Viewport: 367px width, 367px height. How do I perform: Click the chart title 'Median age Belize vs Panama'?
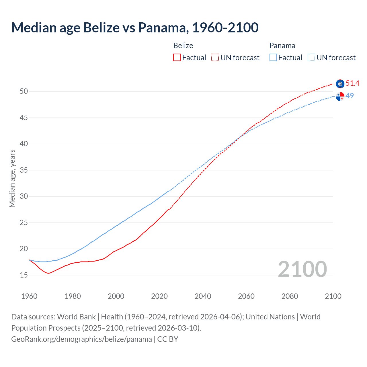click(135, 28)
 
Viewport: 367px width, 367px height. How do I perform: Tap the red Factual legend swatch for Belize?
click(177, 58)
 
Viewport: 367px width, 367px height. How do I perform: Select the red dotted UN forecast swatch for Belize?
click(215, 58)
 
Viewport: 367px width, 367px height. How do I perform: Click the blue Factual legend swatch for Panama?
click(273, 58)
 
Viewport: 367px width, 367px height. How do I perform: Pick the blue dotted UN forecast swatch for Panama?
click(311, 58)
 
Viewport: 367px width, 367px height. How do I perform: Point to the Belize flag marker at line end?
click(340, 84)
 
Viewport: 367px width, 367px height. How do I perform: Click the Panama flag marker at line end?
click(340, 97)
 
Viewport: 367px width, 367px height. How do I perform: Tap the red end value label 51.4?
click(352, 83)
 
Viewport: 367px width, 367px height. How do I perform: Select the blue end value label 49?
click(350, 96)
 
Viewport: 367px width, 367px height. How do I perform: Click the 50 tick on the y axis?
click(24, 91)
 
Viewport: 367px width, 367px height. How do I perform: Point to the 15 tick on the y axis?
click(24, 275)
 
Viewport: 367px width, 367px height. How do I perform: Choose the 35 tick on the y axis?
click(24, 170)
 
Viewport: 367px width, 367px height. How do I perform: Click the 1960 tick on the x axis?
click(29, 296)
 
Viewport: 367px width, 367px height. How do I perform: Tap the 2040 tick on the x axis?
click(203, 296)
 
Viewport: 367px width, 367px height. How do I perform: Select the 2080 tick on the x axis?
click(290, 296)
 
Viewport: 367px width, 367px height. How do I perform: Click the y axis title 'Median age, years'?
click(12, 178)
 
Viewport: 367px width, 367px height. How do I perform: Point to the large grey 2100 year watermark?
click(302, 269)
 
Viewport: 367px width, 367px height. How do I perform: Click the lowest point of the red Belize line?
click(48, 273)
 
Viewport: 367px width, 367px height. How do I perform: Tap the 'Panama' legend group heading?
click(282, 46)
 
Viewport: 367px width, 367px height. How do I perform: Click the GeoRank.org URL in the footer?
click(81, 339)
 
